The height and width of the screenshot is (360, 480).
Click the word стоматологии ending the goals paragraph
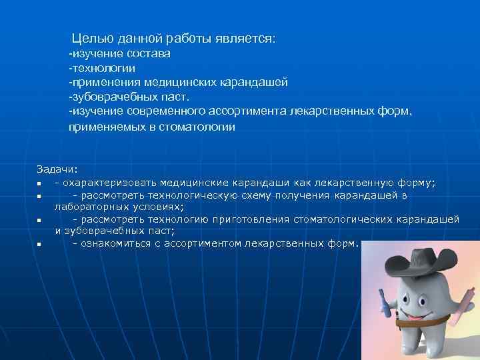[x=197, y=127]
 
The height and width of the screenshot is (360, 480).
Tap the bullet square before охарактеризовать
[x=40, y=183]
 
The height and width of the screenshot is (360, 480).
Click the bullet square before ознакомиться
[x=40, y=244]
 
